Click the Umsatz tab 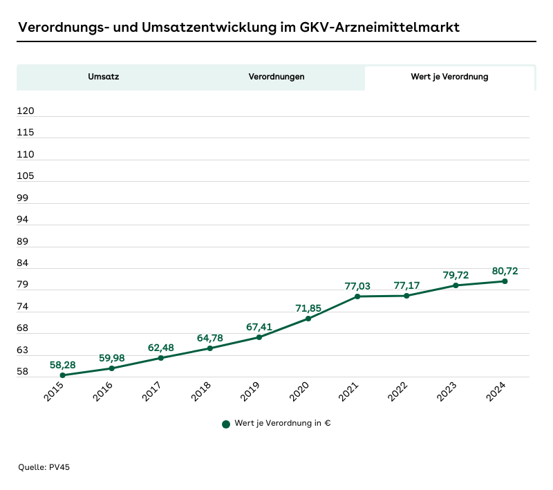[104, 77]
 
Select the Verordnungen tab [276, 77]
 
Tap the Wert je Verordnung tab [449, 77]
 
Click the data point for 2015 [63, 375]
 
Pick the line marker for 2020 [308, 319]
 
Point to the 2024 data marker [505, 281]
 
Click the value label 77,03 [357, 285]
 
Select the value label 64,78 [210, 337]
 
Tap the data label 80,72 [505, 271]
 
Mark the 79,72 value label [456, 274]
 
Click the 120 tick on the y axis [26, 111]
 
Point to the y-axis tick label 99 [23, 198]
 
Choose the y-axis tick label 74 [23, 306]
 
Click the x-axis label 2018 [201, 393]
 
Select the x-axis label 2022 [397, 393]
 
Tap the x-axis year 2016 [103, 393]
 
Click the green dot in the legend [226, 424]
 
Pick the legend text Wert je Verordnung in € [282, 424]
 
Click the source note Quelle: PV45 [44, 467]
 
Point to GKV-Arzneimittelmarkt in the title [379, 28]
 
